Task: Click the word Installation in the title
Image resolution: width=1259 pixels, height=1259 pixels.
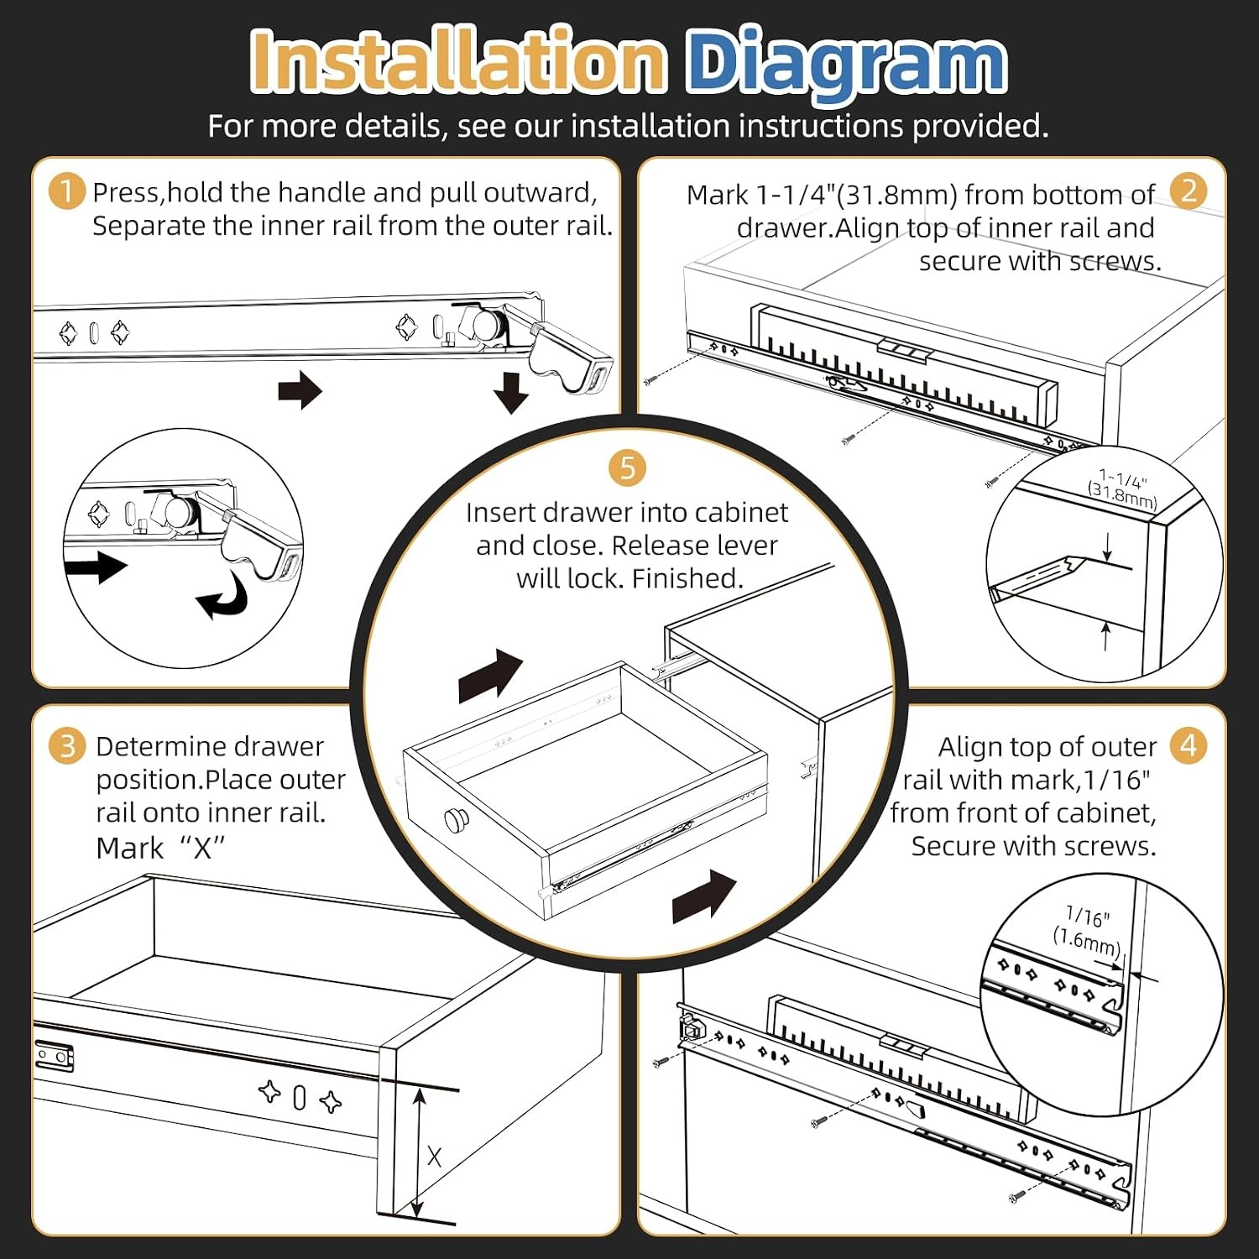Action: tap(459, 60)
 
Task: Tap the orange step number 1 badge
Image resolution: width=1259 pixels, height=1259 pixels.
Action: tap(67, 191)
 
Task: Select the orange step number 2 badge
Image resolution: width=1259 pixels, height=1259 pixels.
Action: tap(1188, 191)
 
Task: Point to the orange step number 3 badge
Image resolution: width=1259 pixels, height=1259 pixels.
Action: tap(67, 746)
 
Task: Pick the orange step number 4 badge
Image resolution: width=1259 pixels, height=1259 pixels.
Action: tap(1188, 745)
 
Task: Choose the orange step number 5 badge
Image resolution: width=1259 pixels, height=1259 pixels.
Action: tap(628, 468)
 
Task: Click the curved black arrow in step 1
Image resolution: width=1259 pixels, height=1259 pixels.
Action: tap(223, 597)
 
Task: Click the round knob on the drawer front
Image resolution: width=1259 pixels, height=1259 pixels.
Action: tap(457, 819)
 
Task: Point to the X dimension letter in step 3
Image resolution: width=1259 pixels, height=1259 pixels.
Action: tap(434, 1157)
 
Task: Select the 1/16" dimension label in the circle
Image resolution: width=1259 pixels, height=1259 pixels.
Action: tap(1088, 917)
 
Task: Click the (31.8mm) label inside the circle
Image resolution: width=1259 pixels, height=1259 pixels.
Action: tap(1122, 496)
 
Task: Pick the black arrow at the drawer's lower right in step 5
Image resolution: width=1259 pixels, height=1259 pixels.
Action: tap(704, 896)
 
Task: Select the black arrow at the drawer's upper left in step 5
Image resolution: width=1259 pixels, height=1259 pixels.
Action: tap(491, 676)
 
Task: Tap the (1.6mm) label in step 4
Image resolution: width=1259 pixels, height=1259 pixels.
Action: tap(1087, 941)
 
